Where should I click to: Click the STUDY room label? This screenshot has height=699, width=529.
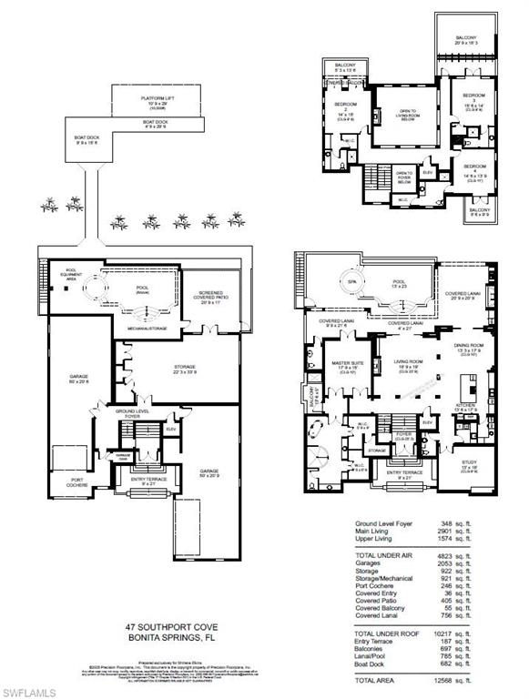point(469,463)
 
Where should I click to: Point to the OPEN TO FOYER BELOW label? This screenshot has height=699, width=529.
point(404,175)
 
